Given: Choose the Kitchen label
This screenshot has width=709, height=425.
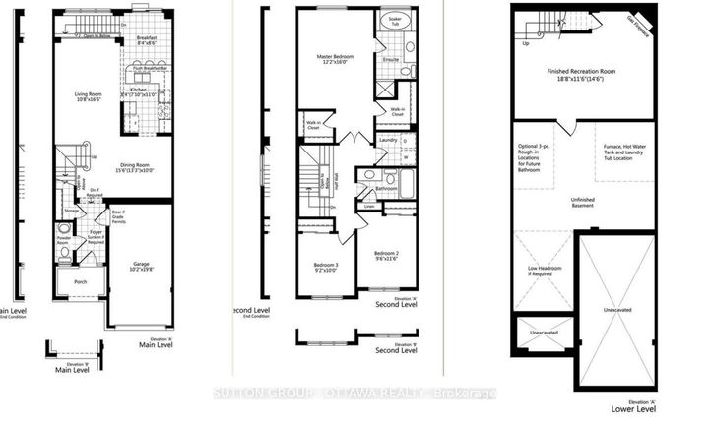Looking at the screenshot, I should [x=138, y=90].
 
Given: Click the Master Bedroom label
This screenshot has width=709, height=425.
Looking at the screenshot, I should [x=336, y=59].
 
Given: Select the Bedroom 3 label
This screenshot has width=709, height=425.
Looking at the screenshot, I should [x=325, y=268].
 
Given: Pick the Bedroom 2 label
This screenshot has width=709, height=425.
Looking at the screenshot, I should [x=385, y=255].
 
